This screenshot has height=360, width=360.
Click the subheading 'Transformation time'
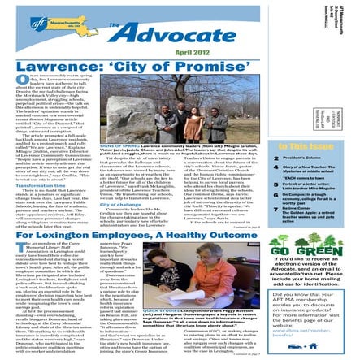coord(30,184)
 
